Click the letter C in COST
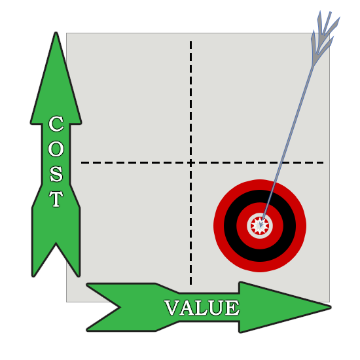coord(56,124)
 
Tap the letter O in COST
coord(56,149)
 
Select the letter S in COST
coord(56,174)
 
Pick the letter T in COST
coord(56,199)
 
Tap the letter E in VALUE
coord(232,308)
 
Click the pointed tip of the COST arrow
coord(56,33)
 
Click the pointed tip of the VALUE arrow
coord(330,307)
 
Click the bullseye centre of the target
coord(260,226)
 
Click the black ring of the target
coord(260,196)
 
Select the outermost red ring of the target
coord(260,185)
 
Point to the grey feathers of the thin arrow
coord(324,35)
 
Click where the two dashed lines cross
coord(190,162)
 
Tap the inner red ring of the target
coord(260,207)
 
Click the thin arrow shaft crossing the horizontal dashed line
coord(282,162)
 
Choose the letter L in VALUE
coord(202,308)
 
